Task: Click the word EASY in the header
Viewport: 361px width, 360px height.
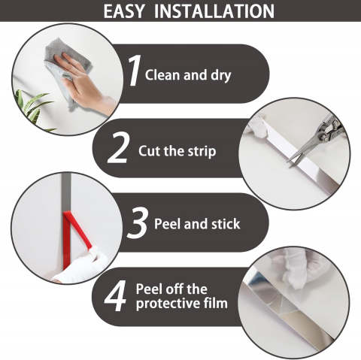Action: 124,11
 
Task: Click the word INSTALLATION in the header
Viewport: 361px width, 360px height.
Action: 214,11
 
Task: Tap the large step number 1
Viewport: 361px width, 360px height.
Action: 135,71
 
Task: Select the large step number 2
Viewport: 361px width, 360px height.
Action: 117,147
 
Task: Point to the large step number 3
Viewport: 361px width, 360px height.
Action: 137,222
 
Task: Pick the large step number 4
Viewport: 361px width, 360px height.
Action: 115,296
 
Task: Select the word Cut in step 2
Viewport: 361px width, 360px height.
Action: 150,151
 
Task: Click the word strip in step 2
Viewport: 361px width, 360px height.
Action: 202,152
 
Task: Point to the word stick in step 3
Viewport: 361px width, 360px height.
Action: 226,223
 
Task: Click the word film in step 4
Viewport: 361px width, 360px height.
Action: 215,303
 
